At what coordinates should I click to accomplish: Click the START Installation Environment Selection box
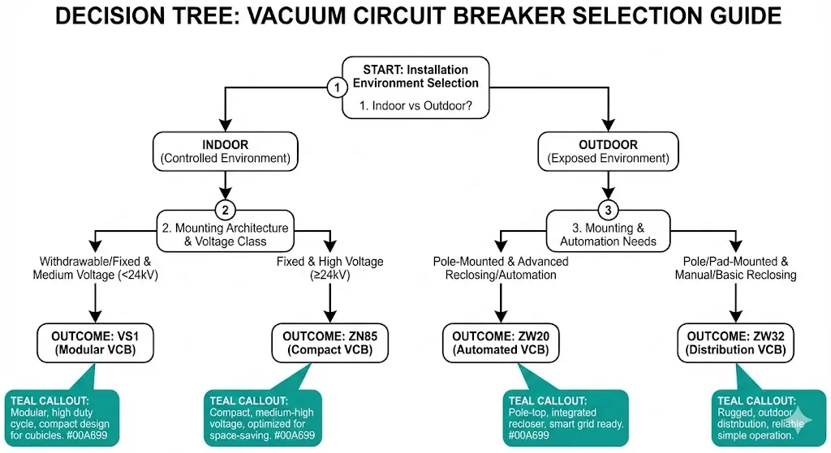click(x=415, y=88)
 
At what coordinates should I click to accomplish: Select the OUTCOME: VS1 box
click(x=97, y=343)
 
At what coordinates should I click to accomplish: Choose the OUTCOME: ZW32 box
click(x=735, y=343)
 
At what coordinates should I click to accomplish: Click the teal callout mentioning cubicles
click(x=62, y=417)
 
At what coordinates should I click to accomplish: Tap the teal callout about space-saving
click(x=261, y=417)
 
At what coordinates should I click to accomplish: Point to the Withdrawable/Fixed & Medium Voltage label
click(x=96, y=268)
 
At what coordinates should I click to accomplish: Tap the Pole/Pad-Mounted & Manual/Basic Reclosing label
click(x=735, y=268)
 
